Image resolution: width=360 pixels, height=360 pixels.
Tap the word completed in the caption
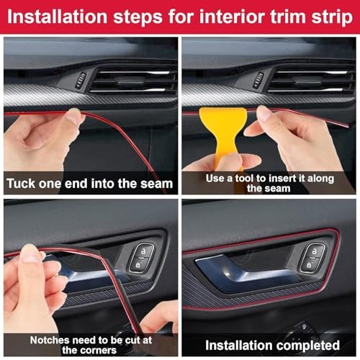[x=302, y=345]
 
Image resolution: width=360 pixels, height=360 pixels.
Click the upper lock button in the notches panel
[x=143, y=251]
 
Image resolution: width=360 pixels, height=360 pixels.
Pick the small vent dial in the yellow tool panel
[x=257, y=79]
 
